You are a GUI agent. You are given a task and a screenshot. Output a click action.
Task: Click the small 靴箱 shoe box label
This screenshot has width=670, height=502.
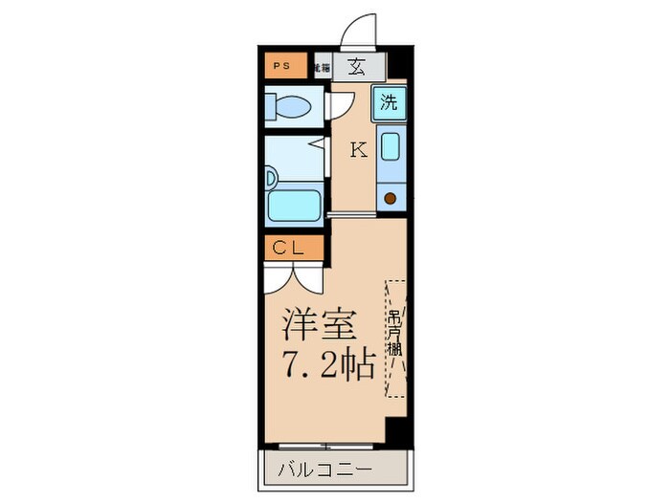point(323,68)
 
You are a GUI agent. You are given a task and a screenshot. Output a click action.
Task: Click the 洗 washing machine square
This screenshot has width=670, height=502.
point(389,102)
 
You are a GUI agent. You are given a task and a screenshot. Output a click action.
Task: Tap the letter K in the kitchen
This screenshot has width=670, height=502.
point(357,150)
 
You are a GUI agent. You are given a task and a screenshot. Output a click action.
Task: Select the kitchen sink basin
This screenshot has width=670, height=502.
point(391,147)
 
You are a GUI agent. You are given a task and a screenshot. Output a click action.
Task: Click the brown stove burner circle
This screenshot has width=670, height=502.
point(391,198)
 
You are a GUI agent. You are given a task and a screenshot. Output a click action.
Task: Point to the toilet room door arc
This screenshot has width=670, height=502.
point(337,105)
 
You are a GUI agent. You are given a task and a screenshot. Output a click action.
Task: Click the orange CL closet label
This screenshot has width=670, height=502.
point(288,249)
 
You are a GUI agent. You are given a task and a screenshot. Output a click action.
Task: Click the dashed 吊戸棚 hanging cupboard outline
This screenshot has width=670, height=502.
point(396,338)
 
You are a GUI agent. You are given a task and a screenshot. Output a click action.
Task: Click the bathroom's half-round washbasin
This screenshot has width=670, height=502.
point(271,177)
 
